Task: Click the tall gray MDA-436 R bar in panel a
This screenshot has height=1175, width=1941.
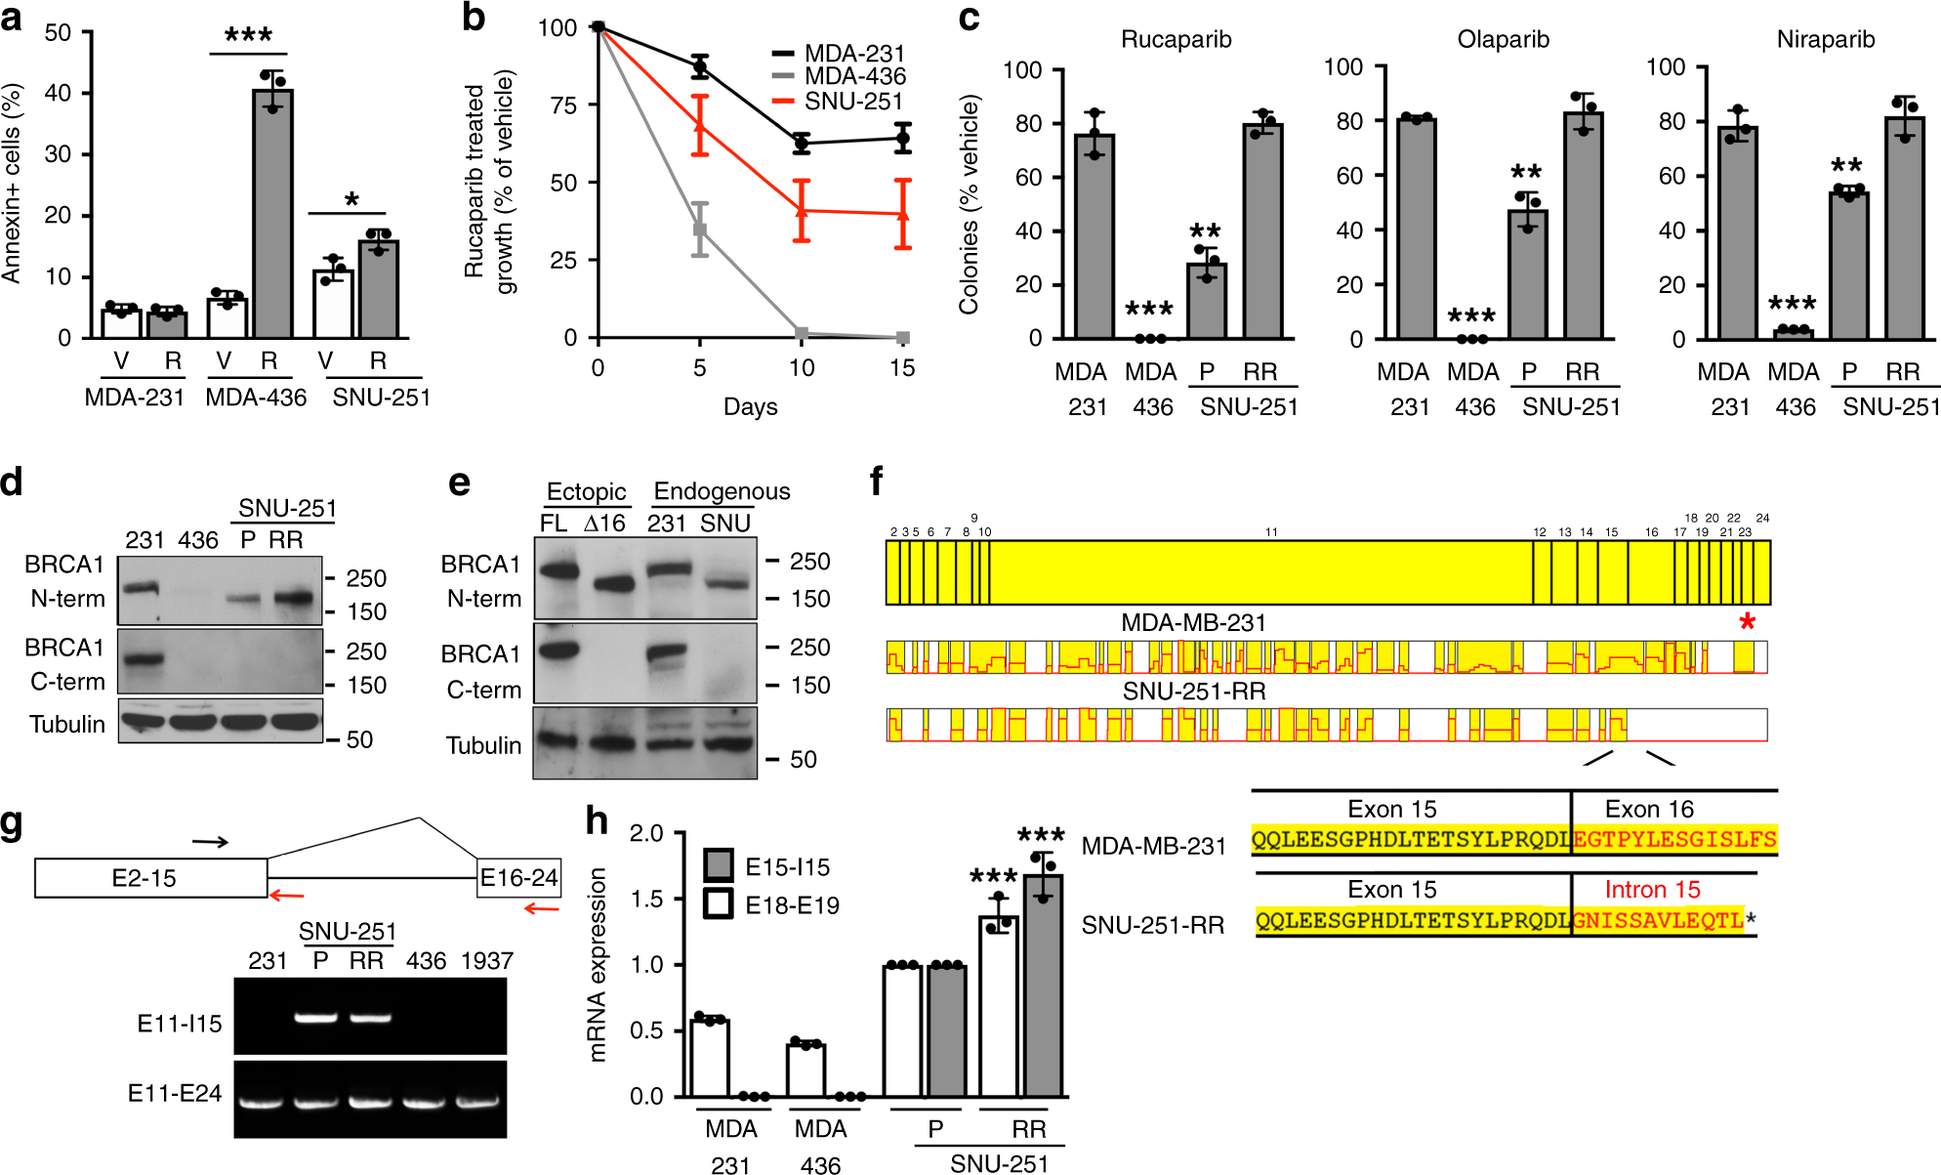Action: (272, 215)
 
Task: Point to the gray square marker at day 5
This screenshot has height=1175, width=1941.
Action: (699, 230)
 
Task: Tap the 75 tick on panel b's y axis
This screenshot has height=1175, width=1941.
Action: (563, 105)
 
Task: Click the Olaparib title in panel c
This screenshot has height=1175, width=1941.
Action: (1502, 39)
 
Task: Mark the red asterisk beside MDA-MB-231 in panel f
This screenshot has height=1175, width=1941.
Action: (1747, 622)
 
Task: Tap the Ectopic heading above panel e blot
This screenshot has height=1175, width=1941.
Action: (586, 491)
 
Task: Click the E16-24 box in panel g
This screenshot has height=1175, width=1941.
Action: (518, 878)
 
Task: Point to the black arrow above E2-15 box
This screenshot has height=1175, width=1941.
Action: (210, 841)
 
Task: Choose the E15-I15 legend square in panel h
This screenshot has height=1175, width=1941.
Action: (719, 864)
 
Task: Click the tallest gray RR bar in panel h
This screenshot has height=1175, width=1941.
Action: (1043, 986)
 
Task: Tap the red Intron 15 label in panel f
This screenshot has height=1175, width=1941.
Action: (1652, 890)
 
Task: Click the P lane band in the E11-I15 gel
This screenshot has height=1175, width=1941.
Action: (316, 1018)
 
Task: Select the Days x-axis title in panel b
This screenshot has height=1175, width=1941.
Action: (750, 406)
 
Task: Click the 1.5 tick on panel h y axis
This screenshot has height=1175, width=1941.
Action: (645, 899)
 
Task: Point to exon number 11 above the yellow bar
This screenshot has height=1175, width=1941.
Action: (1271, 532)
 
